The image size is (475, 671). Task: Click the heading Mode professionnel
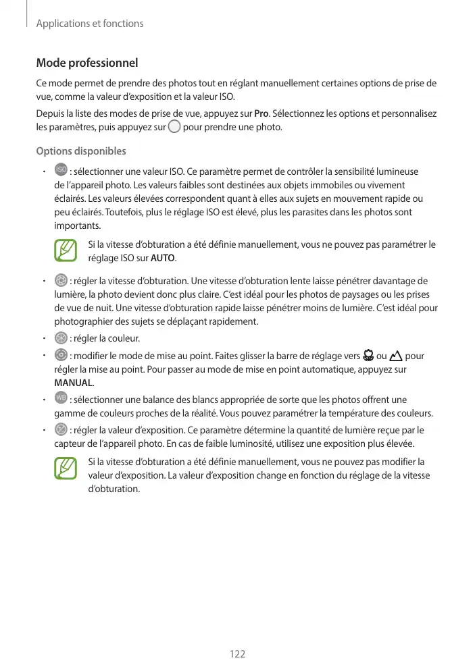point(86,63)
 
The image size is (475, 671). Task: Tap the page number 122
point(237,654)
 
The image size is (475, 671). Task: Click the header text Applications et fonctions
point(90,24)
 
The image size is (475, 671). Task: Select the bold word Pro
point(261,113)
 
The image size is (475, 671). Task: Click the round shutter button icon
point(174,127)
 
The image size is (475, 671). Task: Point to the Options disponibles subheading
point(80,151)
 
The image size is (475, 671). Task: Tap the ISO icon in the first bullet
point(60,171)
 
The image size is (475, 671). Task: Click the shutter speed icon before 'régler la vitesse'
point(60,281)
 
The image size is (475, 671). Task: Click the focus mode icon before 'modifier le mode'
point(60,355)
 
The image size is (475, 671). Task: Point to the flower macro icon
point(368,356)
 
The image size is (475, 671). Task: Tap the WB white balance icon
point(60,400)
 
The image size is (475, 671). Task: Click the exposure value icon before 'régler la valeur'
point(60,430)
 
